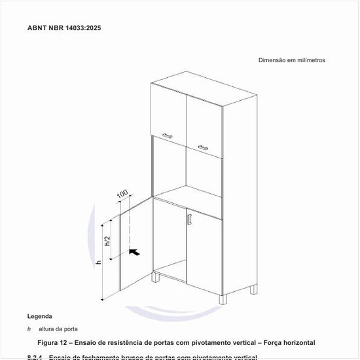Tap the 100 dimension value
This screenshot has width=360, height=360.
[122, 195]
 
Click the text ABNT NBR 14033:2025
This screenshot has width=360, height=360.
[64, 28]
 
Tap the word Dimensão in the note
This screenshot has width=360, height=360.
[272, 60]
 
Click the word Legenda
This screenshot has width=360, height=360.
[40, 316]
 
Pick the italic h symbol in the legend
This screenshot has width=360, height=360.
[29, 329]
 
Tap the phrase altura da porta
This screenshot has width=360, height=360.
[58, 329]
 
